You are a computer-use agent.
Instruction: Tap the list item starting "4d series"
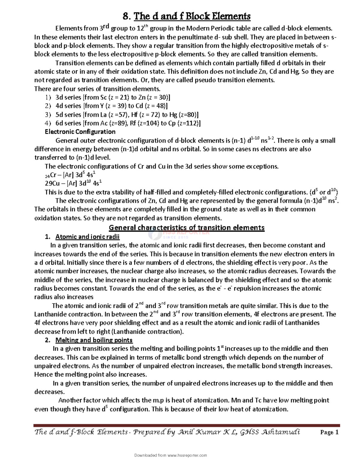pyautogui.click(x=111, y=106)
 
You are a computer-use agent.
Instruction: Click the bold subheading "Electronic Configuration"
pyautogui.click(x=80, y=132)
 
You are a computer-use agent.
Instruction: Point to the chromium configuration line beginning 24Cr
pyautogui.click(x=70, y=175)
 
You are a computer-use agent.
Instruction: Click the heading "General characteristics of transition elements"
pyautogui.click(x=186, y=227)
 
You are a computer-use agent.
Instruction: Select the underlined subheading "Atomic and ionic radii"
pyautogui.click(x=87, y=237)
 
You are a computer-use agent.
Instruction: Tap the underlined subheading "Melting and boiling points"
pyautogui.click(x=94, y=340)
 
